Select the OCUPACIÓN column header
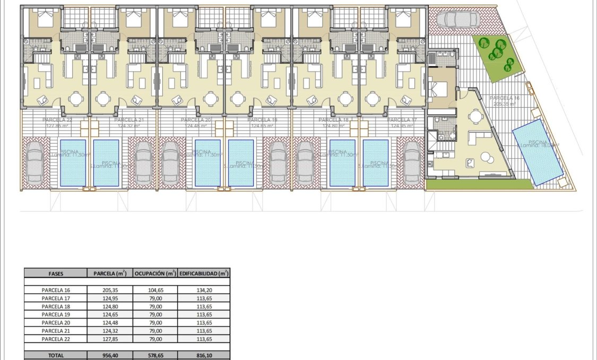pyautogui.click(x=155, y=273)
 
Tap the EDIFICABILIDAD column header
pyautogui.click(x=204, y=273)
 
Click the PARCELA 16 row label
pyautogui.click(x=56, y=290)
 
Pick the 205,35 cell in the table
pyautogui.click(x=110, y=290)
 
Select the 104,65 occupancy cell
pyautogui.click(x=155, y=290)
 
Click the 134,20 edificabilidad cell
pyautogui.click(x=204, y=290)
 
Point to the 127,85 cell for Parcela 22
pyautogui.click(x=110, y=339)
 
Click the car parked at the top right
pyautogui.click(x=457, y=20)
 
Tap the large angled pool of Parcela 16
pyautogui.click(x=538, y=152)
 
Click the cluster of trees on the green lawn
pyautogui.click(x=498, y=53)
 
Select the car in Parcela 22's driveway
pyautogui.click(x=36, y=162)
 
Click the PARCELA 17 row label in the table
pyautogui.click(x=56, y=298)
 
